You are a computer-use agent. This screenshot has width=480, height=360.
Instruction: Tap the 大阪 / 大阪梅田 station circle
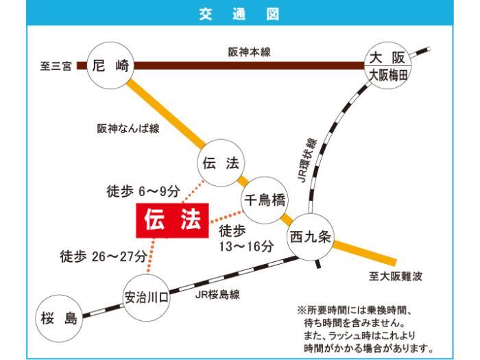tap(387, 67)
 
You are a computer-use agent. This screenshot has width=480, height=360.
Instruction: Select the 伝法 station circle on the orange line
tap(220, 163)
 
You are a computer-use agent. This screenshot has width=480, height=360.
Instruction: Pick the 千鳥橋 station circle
tap(265, 200)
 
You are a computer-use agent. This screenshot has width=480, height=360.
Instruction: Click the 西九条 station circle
tap(309, 236)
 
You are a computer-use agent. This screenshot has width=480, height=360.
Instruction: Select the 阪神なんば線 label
tap(128, 128)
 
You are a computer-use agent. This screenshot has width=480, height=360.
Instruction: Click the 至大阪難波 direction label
tap(394, 276)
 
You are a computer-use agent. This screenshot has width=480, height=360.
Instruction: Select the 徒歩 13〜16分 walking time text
tap(245, 239)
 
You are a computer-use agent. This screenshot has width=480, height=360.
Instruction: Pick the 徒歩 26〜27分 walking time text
tap(104, 256)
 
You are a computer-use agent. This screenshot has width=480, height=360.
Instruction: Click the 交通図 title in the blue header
tap(239, 13)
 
